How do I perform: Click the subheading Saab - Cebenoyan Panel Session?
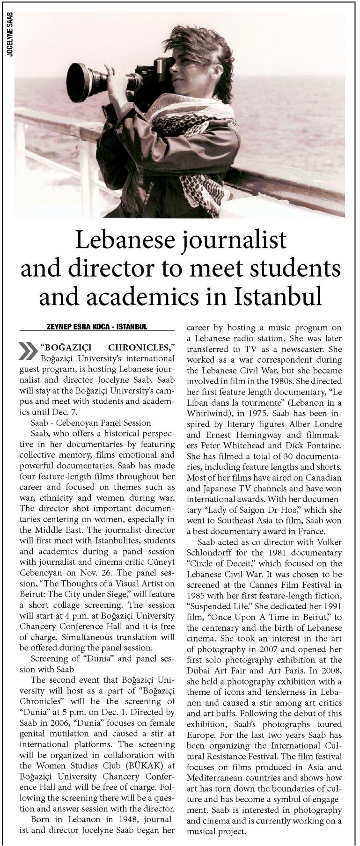pos(91,423)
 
